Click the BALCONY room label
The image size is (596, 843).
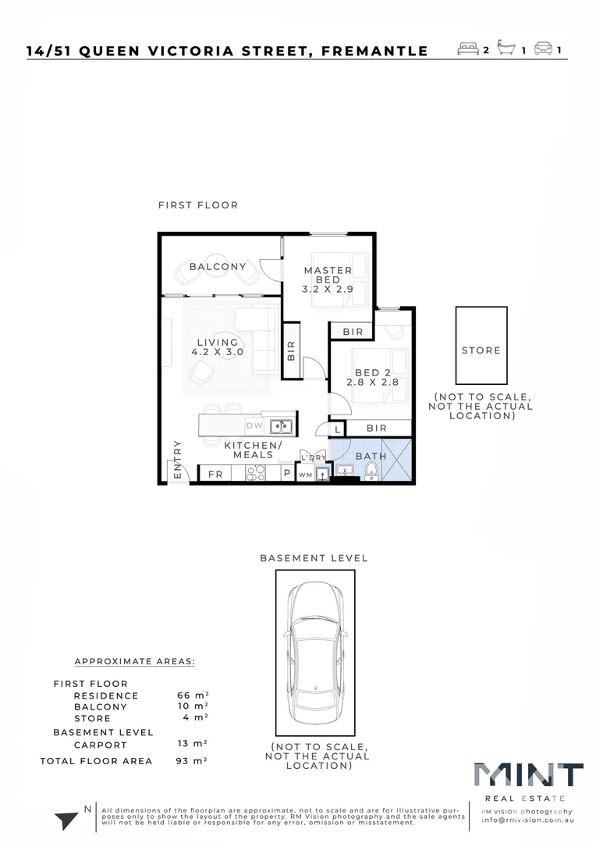(x=218, y=266)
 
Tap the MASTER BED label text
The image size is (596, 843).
(x=328, y=275)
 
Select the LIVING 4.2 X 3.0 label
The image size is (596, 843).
(x=218, y=347)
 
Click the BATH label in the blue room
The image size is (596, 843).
(x=371, y=456)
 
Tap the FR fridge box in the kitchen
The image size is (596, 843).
(x=215, y=473)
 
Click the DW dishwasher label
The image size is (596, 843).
(x=254, y=426)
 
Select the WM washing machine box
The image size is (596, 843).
(x=305, y=474)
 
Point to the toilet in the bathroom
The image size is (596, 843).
(x=372, y=471)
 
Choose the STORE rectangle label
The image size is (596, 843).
(x=481, y=350)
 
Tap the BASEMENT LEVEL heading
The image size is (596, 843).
(x=314, y=558)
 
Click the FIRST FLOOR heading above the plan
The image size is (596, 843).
(x=198, y=205)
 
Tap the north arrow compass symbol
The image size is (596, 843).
(x=67, y=820)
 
